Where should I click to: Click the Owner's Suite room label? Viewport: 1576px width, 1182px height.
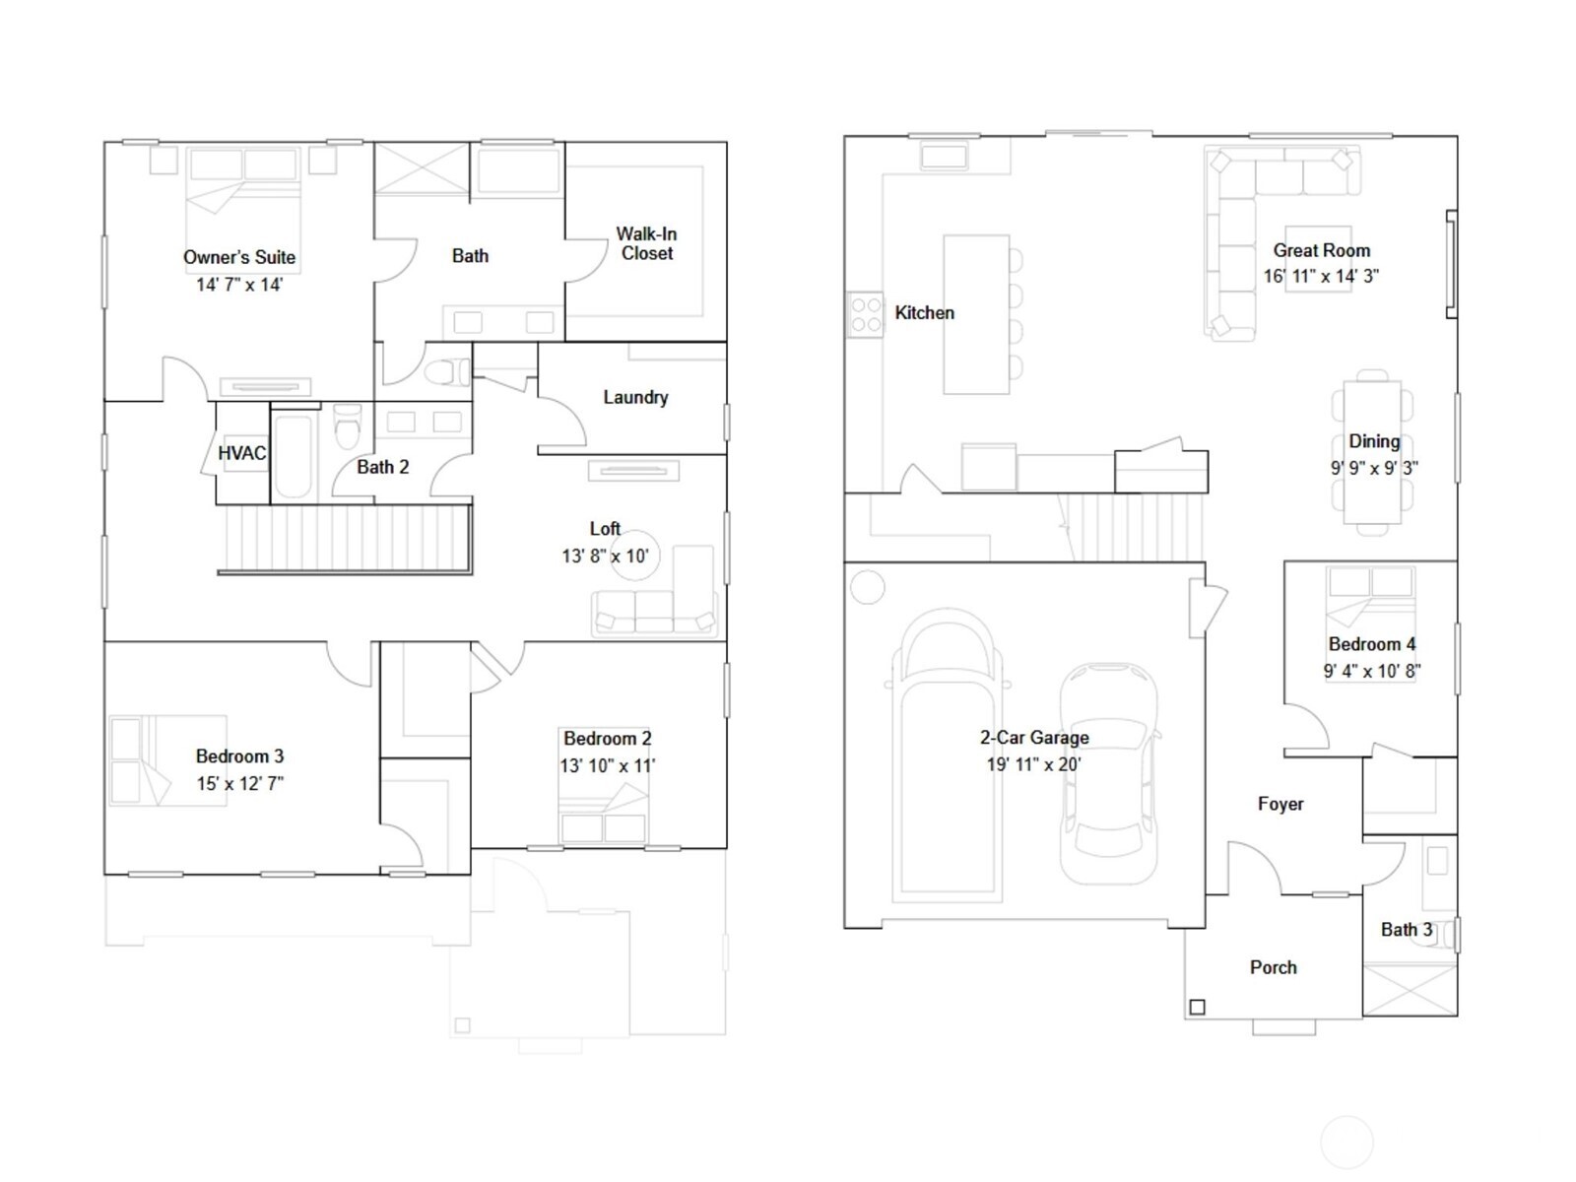[x=239, y=257]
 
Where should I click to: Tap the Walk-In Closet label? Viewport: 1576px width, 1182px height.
[x=646, y=243]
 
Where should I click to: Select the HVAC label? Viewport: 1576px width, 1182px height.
[x=241, y=453]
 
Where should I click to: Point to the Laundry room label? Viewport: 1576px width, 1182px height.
[x=635, y=397]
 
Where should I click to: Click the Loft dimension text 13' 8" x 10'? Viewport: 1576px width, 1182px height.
[x=605, y=556]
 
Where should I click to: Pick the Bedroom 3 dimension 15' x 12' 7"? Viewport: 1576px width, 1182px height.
[x=240, y=784]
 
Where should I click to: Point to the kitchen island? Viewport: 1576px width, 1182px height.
[x=976, y=314]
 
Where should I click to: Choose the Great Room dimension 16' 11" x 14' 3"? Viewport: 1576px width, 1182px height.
[x=1321, y=277]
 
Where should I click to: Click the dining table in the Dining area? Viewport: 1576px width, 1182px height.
[x=1372, y=453]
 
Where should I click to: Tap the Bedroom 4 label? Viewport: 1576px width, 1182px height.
[x=1372, y=644]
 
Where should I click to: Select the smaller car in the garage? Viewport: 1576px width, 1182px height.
[x=1109, y=773]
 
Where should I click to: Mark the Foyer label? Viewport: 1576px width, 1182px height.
[x=1280, y=804]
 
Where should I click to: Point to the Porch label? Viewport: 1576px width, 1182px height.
[x=1273, y=967]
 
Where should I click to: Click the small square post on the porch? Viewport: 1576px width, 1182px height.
[x=1197, y=1007]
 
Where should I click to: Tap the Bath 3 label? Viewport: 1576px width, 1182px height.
[x=1407, y=929]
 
